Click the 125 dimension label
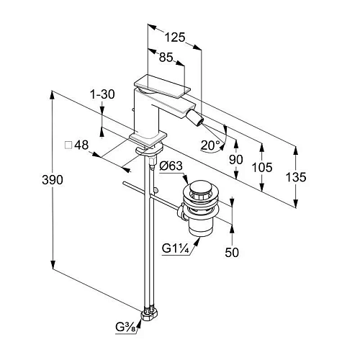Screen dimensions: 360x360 (x=175, y=37)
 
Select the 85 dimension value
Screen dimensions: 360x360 (x=166, y=58)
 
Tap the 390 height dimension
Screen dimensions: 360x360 (x=53, y=179)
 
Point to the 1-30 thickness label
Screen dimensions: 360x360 (x=102, y=94)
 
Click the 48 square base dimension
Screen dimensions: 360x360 (x=81, y=145)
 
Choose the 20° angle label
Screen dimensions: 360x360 (x=210, y=145)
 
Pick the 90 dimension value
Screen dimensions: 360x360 (x=236, y=159)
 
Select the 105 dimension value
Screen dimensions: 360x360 (x=262, y=167)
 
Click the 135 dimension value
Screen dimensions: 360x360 (x=296, y=177)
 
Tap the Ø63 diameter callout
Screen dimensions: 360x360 (x=171, y=166)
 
